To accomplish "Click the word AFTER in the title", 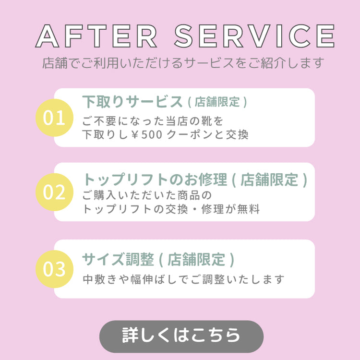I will click(x=96, y=36).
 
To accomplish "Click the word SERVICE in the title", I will click(x=254, y=36).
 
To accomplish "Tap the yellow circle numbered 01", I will click(x=54, y=118).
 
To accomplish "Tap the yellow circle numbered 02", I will click(x=54, y=192).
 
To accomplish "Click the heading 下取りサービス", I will click(x=132, y=102).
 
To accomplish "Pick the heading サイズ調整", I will click(x=118, y=259).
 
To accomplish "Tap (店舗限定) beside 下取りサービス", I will click(x=217, y=102).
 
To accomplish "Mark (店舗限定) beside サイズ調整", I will click(x=197, y=260).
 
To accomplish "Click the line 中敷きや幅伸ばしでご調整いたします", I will click(x=183, y=279).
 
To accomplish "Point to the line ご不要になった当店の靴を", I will click(x=153, y=120).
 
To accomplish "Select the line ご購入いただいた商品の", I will click(x=146, y=196).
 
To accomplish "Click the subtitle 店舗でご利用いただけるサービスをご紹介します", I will click(x=183, y=63).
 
